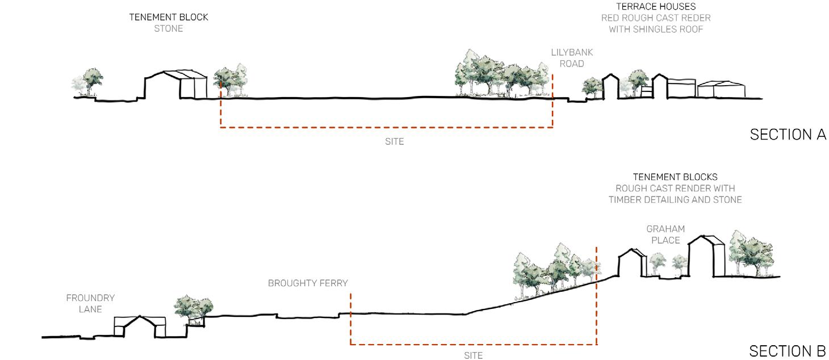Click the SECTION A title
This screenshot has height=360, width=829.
pyautogui.click(x=788, y=135)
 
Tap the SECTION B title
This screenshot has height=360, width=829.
pyautogui.click(x=788, y=351)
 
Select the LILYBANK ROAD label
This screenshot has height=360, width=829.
pyautogui.click(x=572, y=58)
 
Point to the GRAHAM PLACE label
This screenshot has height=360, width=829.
pyautogui.click(x=665, y=235)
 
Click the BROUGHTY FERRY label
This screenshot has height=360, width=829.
pyautogui.click(x=308, y=283)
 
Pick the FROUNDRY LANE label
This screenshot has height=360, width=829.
pyautogui.click(x=90, y=303)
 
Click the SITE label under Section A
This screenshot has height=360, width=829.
pyautogui.click(x=394, y=141)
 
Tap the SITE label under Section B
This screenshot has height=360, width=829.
pyautogui.click(x=473, y=355)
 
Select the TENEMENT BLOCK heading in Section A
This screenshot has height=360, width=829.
pyautogui.click(x=169, y=17)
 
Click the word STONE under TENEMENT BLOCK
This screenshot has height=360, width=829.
pyautogui.click(x=169, y=28)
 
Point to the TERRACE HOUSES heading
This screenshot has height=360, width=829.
pyautogui.click(x=656, y=7)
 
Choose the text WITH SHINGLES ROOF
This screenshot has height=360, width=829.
pyautogui.click(x=656, y=29)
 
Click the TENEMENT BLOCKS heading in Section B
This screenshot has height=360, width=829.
pyautogui.click(x=675, y=177)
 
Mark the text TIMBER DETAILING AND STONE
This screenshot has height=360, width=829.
pyautogui.click(x=675, y=199)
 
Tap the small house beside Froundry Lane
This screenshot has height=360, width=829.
pyautogui.click(x=140, y=327)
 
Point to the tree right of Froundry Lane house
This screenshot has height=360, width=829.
pyautogui.click(x=194, y=307)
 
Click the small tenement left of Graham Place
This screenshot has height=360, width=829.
pyautogui.click(x=631, y=263)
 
